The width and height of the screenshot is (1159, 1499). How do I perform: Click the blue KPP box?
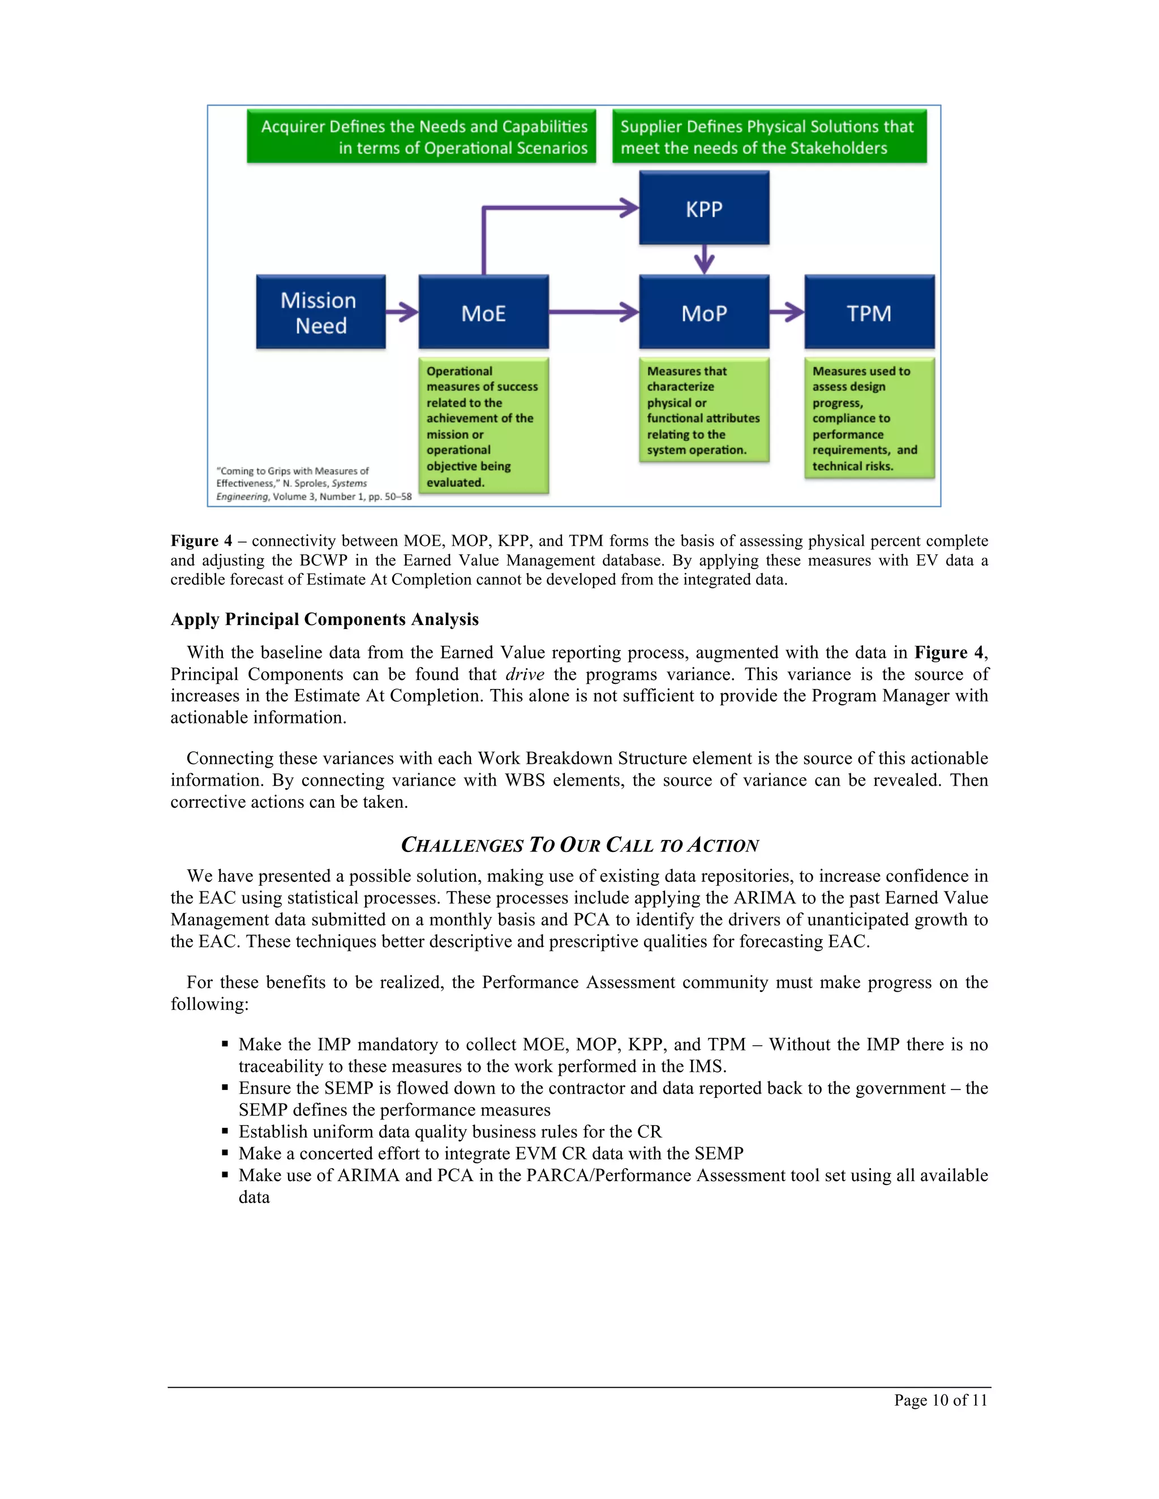pos(704,208)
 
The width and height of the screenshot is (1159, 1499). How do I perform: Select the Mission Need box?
pos(321,312)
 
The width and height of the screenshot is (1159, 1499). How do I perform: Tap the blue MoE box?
pos(483,312)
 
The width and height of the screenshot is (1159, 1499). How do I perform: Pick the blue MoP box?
pos(704,312)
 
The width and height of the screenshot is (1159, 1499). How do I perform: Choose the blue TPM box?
pos(869,312)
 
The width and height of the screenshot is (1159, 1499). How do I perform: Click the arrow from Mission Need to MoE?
pos(402,312)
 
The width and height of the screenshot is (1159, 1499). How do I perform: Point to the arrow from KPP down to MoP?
pos(704,260)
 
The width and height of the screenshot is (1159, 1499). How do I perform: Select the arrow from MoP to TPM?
pos(787,312)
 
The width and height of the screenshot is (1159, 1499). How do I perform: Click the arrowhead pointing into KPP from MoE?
pos(628,207)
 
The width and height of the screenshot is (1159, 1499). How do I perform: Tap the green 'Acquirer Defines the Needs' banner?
pos(422,136)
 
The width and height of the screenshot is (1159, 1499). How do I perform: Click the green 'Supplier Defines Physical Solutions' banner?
pos(769,136)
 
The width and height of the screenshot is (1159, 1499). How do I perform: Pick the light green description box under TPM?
pos(869,418)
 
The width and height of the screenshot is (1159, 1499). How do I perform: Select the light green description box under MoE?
pos(483,425)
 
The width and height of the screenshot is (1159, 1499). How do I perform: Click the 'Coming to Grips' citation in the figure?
pos(313,483)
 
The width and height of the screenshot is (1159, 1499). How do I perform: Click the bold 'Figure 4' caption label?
pos(201,541)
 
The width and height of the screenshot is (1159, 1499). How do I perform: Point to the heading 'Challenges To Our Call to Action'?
pos(579,845)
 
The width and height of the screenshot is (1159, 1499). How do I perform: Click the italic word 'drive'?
pos(525,674)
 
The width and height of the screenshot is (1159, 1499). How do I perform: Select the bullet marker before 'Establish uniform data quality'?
pos(225,1131)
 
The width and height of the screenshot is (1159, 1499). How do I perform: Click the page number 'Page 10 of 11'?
pos(940,1400)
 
